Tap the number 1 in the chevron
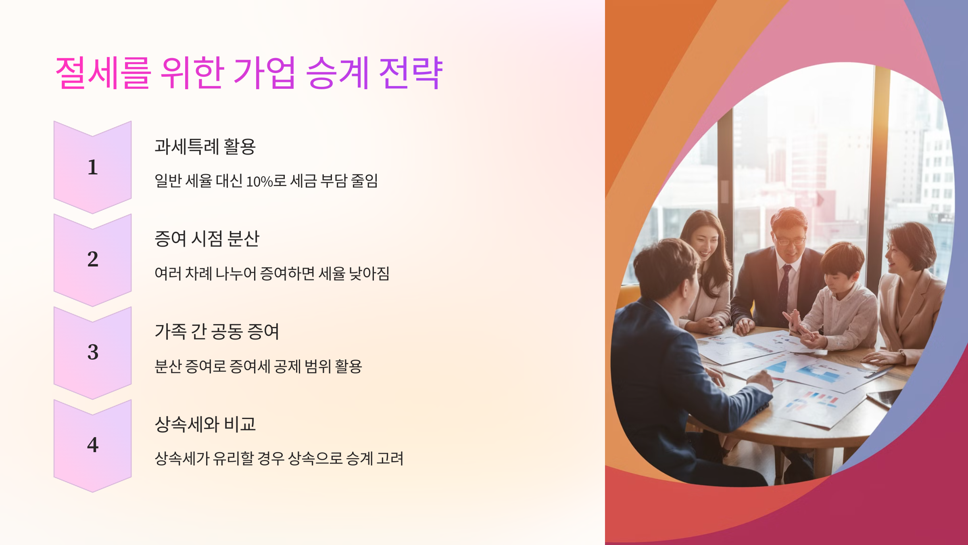(x=93, y=167)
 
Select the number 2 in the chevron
(x=93, y=259)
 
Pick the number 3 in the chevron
(x=93, y=352)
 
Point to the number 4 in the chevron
(x=93, y=445)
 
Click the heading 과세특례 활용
(x=205, y=146)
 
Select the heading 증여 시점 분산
(x=207, y=239)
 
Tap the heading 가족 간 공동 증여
(x=217, y=331)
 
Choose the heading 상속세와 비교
(x=205, y=424)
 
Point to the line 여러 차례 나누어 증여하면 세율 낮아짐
(x=272, y=274)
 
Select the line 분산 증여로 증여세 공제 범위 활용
(x=258, y=367)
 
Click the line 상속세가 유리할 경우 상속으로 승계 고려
(x=279, y=459)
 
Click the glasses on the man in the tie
(x=790, y=241)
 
